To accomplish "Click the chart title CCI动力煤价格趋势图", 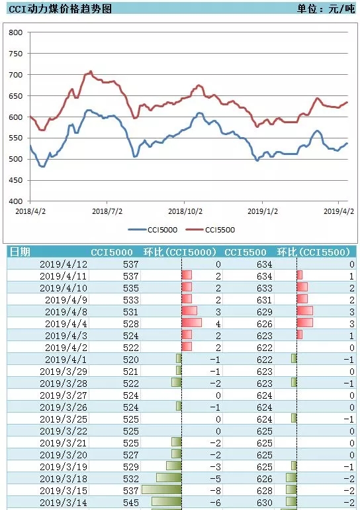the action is (x=60, y=9).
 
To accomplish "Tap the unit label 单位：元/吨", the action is (x=326, y=9).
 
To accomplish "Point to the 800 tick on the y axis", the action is (x=16, y=32).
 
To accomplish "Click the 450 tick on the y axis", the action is (x=16, y=180).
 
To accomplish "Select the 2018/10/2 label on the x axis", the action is (x=185, y=211).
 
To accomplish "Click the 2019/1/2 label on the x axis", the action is (x=263, y=211).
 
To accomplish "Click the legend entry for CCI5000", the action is (x=153, y=230).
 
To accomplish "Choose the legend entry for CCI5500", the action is (x=210, y=230).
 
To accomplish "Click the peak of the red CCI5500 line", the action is (x=91, y=72).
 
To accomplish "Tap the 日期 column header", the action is (x=20, y=252).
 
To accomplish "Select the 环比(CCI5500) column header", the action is (x=314, y=252).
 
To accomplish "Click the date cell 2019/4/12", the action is (x=64, y=264).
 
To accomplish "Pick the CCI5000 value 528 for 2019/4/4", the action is (x=131, y=324).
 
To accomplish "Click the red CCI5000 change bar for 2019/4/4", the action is (x=192, y=323).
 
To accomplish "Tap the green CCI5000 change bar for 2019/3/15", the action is (x=161, y=489).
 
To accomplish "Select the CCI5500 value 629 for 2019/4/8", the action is (x=265, y=312).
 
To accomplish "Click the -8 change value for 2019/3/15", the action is (x=216, y=491).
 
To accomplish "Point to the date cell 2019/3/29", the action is (x=64, y=372).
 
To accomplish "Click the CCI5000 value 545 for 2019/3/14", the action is (x=131, y=503).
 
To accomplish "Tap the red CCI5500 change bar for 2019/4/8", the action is (x=305, y=311).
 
